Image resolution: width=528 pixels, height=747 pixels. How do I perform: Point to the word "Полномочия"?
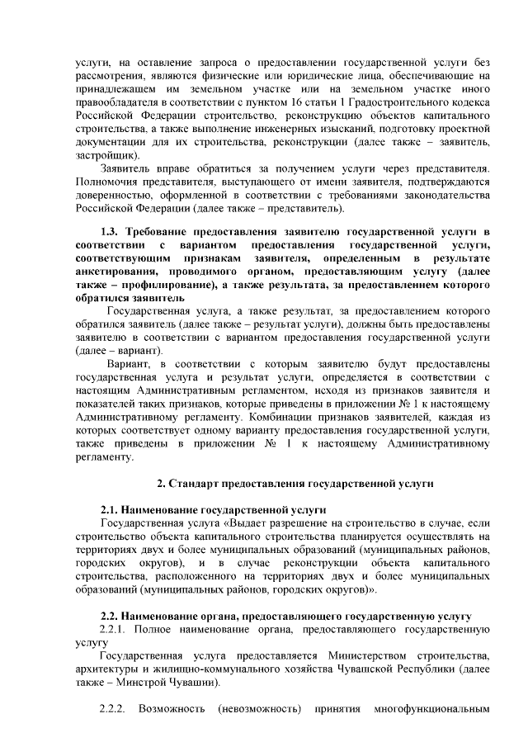pos(108,180)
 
